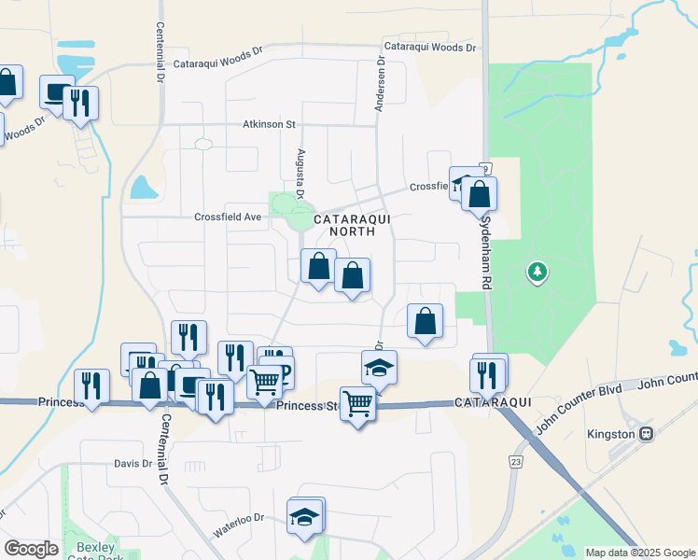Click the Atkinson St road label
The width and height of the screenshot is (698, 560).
tap(269, 124)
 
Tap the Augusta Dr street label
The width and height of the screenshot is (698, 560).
tap(300, 173)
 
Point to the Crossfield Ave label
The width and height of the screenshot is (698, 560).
tap(228, 217)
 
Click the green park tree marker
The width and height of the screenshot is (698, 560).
tap(537, 273)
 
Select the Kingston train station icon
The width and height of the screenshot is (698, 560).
tap(646, 434)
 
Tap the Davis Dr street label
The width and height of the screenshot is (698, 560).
tap(133, 463)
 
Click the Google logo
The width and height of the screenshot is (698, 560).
tap(31, 549)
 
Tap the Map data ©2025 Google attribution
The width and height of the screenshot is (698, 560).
tap(639, 553)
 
